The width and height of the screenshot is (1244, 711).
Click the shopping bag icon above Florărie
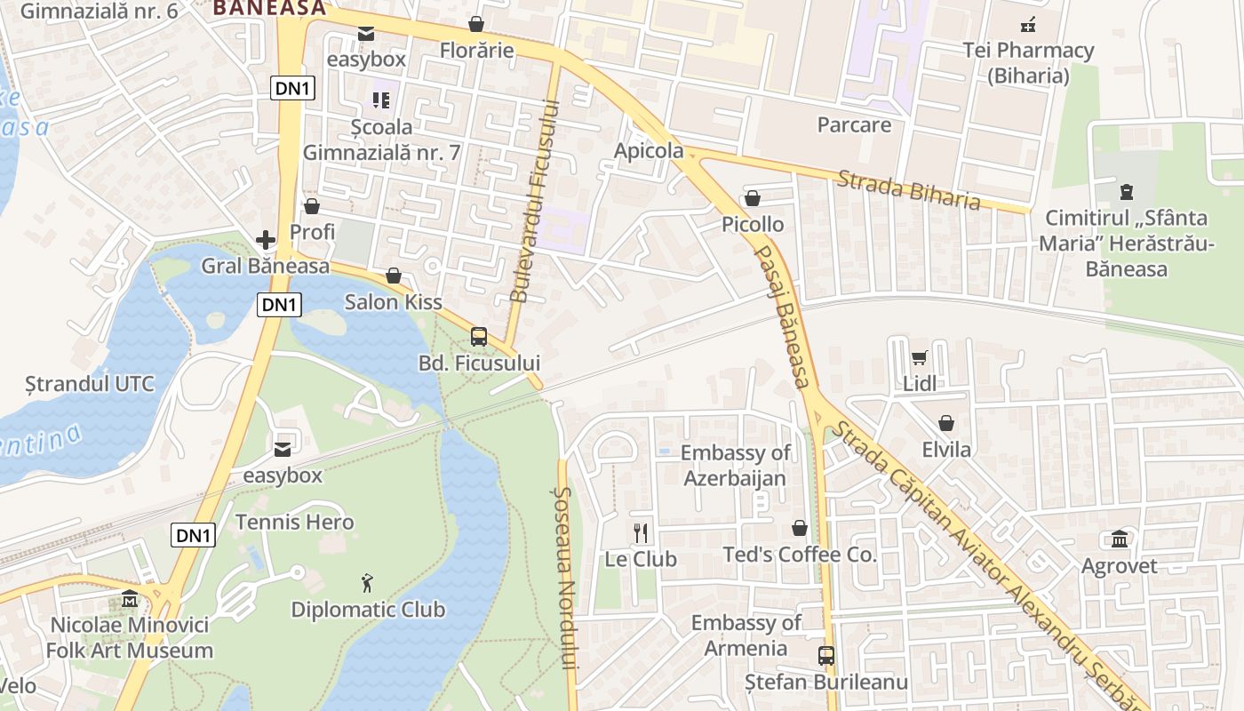pyautogui.click(x=476, y=24)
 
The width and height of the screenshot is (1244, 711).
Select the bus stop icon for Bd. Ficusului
pyautogui.click(x=479, y=337)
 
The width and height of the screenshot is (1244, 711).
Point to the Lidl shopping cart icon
pyautogui.click(x=919, y=357)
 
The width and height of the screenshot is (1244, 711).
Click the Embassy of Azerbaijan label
pyautogui.click(x=735, y=466)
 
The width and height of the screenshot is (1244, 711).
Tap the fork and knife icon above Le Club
pyautogui.click(x=641, y=532)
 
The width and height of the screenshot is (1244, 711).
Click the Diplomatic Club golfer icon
pyautogui.click(x=368, y=583)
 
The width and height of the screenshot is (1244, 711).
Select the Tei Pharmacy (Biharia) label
pyautogui.click(x=1028, y=63)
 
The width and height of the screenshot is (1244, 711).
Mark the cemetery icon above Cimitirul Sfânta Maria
pyautogui.click(x=1126, y=191)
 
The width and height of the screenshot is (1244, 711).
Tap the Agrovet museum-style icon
pyautogui.click(x=1119, y=539)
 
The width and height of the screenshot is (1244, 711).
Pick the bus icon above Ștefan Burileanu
pyautogui.click(x=826, y=656)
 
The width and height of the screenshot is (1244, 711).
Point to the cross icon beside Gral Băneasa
pyautogui.click(x=266, y=240)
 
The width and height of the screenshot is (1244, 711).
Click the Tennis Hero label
pyautogui.click(x=294, y=522)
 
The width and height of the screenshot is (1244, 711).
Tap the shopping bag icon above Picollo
pyautogui.click(x=753, y=198)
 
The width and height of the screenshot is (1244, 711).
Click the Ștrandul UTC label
pyautogui.click(x=90, y=385)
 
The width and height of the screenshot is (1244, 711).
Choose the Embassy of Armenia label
pyautogui.click(x=746, y=635)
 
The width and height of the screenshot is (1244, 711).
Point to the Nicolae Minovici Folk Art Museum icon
pyautogui.click(x=131, y=598)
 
